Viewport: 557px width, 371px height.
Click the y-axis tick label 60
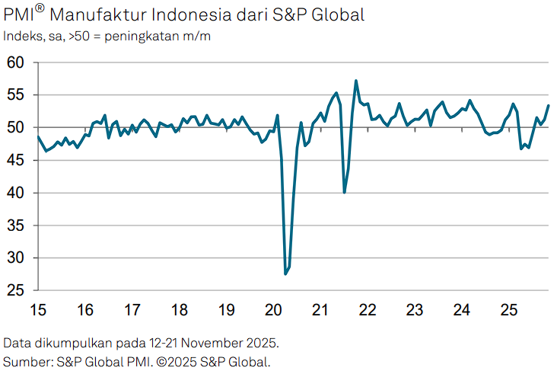(x=14, y=62)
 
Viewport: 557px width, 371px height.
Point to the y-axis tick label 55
(x=14, y=95)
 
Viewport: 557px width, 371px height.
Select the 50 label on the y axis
(x=14, y=128)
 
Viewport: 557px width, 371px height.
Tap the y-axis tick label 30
(x=14, y=259)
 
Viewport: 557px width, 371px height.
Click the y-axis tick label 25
(x=14, y=291)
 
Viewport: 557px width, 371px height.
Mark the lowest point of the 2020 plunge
(x=285, y=273)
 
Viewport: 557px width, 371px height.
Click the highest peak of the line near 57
(x=356, y=81)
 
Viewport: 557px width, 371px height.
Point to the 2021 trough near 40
(x=345, y=192)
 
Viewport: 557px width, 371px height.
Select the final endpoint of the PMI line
(x=549, y=106)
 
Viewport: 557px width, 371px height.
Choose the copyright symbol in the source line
(x=161, y=360)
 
